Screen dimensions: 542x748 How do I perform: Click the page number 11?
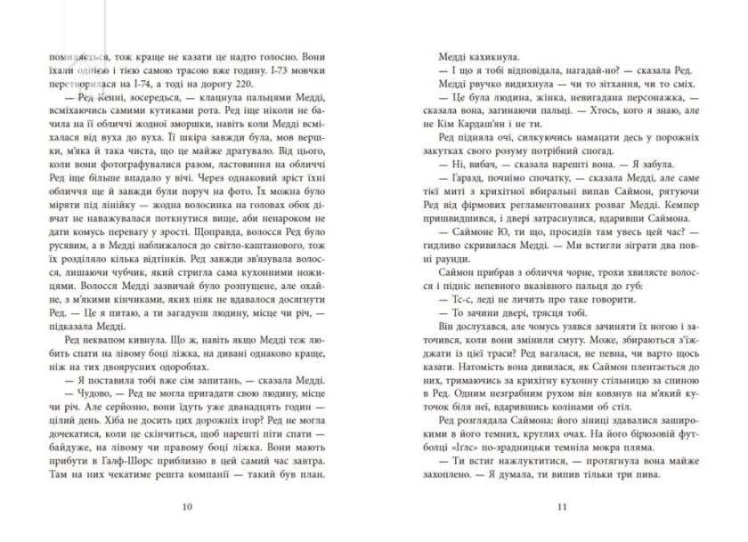click(561, 508)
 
